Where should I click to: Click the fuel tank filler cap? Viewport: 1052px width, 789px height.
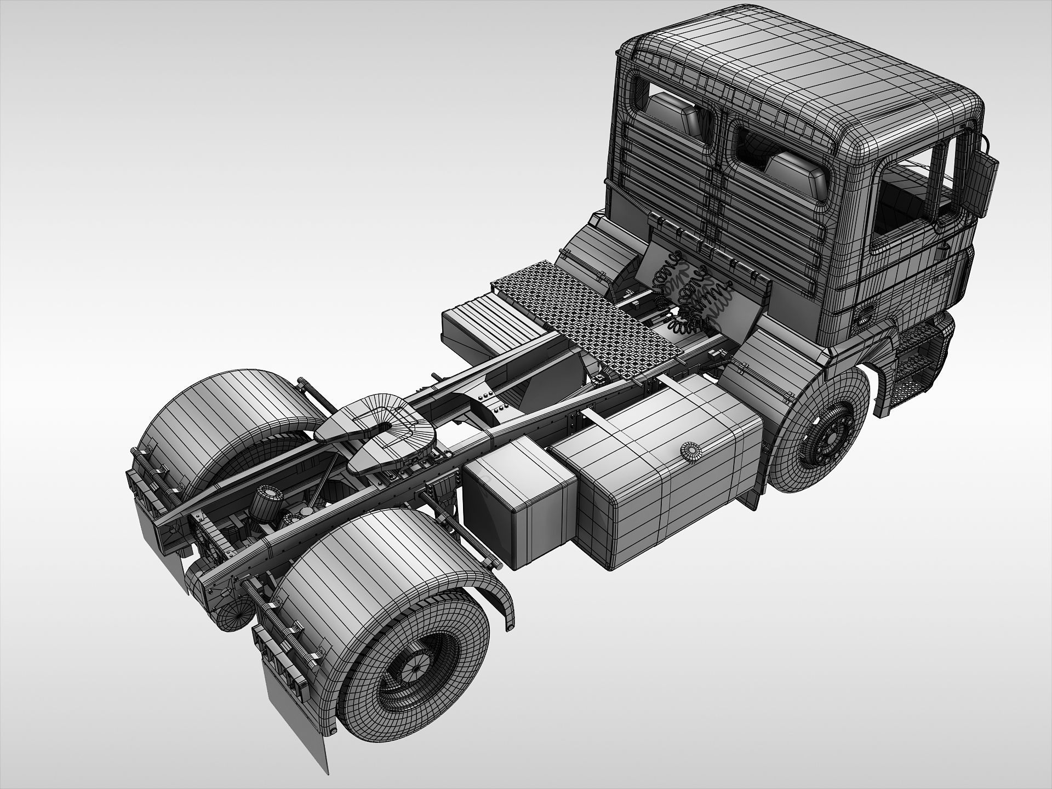tap(691, 451)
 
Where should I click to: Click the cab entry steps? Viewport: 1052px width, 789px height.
tap(926, 362)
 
